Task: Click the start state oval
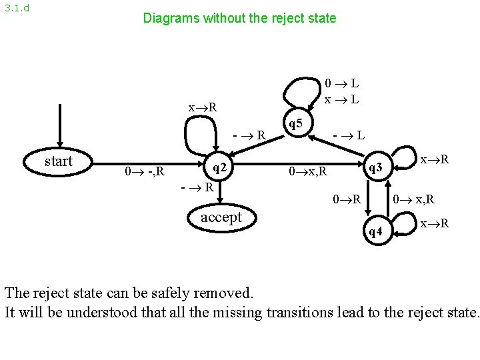point(58,161)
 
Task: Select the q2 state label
point(222,167)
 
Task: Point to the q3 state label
point(375,168)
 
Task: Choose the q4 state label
point(375,231)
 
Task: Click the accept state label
point(221,217)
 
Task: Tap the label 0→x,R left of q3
point(307,173)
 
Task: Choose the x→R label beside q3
point(435,160)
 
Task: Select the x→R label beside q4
point(435,223)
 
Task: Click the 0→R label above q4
point(347,199)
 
